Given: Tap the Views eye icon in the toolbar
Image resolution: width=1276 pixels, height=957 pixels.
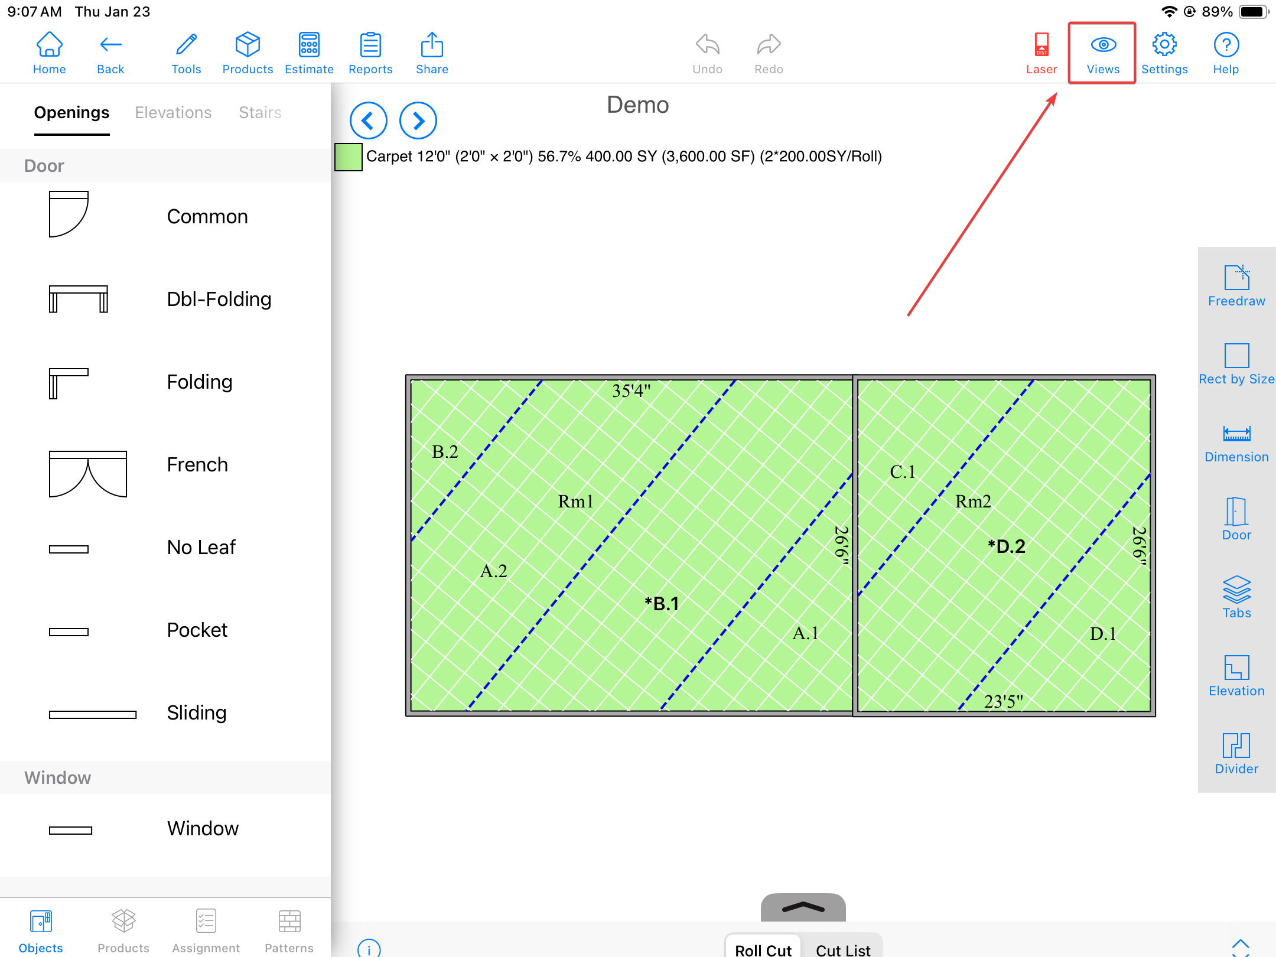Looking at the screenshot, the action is pyautogui.click(x=1103, y=44).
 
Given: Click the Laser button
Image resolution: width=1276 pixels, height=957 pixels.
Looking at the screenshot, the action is pyautogui.click(x=1041, y=54).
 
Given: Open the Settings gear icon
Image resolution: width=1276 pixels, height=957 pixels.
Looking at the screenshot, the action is pyautogui.click(x=1164, y=44).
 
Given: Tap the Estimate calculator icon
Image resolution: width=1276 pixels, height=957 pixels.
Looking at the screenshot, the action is pyautogui.click(x=309, y=45).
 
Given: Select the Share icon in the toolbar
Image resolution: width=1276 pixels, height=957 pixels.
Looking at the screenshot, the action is pyautogui.click(x=432, y=44).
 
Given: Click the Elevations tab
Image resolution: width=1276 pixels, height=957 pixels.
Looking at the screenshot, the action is pyautogui.click(x=173, y=112).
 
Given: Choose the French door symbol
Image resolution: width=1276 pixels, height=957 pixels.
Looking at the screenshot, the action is pyautogui.click(x=88, y=474).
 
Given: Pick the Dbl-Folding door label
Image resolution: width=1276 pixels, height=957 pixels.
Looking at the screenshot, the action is pyautogui.click(x=219, y=299).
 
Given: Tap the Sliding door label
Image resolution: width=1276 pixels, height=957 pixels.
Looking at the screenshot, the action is pyautogui.click(x=197, y=712).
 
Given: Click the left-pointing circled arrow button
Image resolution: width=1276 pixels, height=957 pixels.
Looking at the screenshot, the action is pyautogui.click(x=368, y=121).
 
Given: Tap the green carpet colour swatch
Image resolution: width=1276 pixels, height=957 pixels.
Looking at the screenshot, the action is pyautogui.click(x=349, y=157).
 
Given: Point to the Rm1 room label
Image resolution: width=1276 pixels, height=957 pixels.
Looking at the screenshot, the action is pyautogui.click(x=575, y=502).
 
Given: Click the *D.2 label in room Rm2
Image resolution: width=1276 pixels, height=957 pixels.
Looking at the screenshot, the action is pyautogui.click(x=1007, y=546).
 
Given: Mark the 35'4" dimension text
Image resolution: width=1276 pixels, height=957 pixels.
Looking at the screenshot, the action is pyautogui.click(x=631, y=390).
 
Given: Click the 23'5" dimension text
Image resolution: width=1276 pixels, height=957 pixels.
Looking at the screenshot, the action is pyautogui.click(x=1003, y=701).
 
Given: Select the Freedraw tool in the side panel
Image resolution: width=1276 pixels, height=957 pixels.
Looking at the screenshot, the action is pyautogui.click(x=1236, y=286).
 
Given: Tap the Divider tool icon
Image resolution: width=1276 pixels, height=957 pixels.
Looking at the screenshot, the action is pyautogui.click(x=1236, y=746).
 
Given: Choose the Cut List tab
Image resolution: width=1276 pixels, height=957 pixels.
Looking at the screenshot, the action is pyautogui.click(x=843, y=949).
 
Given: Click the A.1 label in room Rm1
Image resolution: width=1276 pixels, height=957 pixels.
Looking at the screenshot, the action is pyautogui.click(x=805, y=633).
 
